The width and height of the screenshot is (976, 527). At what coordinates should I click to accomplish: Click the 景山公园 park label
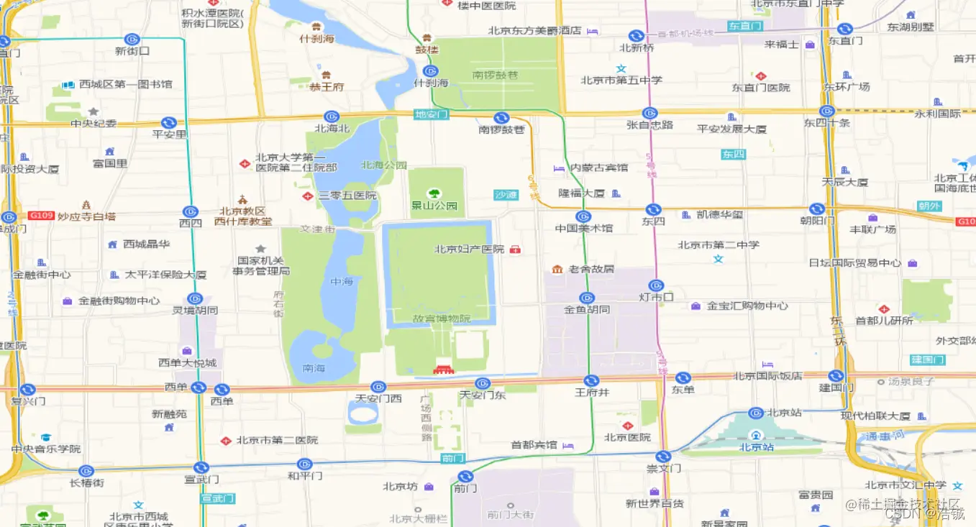[x=434, y=206]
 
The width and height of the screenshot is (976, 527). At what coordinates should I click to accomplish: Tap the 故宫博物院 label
[x=442, y=319]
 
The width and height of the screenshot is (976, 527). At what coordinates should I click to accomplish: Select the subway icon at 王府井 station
[x=591, y=380]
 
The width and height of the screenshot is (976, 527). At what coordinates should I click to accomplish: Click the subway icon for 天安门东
[x=483, y=383]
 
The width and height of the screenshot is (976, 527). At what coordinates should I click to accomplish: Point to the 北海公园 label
[x=384, y=165]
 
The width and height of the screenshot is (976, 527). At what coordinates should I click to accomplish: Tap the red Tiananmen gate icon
[x=441, y=370]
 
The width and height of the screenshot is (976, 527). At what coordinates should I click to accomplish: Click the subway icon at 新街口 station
[x=132, y=39]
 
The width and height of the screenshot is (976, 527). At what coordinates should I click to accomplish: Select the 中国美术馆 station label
[x=584, y=229]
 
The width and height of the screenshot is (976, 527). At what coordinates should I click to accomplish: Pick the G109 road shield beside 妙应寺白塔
[x=41, y=216]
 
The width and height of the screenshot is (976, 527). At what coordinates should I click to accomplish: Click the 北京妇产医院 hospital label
[x=469, y=249]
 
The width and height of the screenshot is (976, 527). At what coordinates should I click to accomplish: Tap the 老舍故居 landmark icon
[x=557, y=269]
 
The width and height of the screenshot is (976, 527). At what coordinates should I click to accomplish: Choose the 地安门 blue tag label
[x=432, y=114]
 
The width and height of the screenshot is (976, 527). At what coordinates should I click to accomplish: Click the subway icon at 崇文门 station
[x=663, y=456]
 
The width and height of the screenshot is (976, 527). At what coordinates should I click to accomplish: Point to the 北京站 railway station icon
[x=756, y=436]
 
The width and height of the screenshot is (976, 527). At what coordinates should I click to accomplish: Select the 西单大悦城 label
[x=188, y=362]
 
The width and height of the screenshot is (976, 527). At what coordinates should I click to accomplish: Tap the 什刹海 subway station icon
[x=430, y=71]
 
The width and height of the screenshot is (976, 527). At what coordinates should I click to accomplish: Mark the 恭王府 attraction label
[x=327, y=87]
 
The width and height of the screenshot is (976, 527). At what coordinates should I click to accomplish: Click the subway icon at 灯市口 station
[x=655, y=285]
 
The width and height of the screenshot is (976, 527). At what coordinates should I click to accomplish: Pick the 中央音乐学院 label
[x=46, y=449]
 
